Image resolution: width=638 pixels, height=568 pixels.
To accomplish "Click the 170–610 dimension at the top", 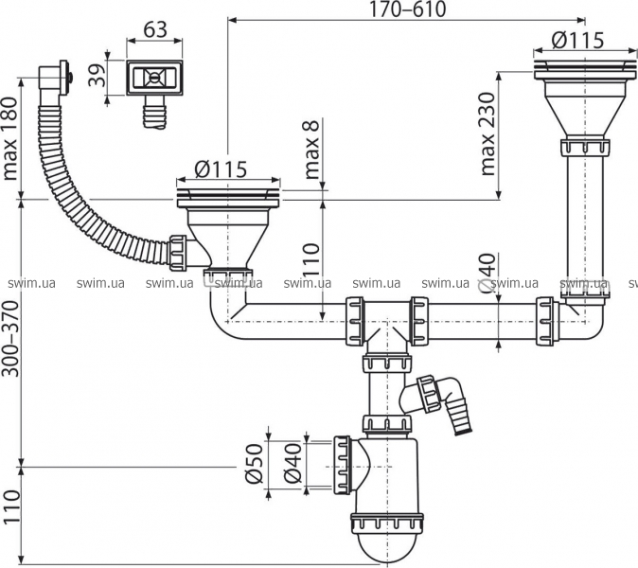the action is tap(407, 9).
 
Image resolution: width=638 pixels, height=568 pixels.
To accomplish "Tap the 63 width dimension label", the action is tap(155, 29).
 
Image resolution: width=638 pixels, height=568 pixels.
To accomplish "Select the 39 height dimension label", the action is tap(97, 74).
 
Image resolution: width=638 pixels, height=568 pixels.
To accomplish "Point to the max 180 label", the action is tap(10, 139).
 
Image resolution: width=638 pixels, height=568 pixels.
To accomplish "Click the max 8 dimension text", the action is tap(312, 150).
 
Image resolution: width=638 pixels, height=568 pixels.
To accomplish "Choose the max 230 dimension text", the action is tap(487, 134).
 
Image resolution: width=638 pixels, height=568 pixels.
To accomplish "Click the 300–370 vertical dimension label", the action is tap(10, 339).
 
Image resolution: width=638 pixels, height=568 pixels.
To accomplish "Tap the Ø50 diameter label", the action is tap(254, 464).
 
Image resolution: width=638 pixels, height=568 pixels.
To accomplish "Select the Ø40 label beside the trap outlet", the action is tap(292, 464).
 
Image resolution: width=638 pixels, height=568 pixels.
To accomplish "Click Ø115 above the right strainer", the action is tap(577, 40).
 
